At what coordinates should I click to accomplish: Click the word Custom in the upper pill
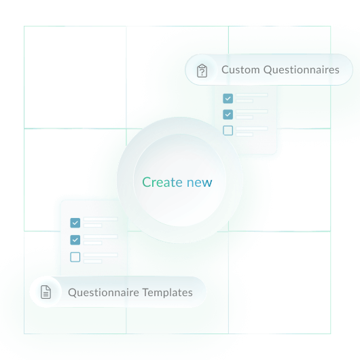click(x=240, y=70)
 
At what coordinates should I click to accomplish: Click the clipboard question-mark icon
click(x=202, y=71)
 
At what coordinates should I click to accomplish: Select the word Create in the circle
click(x=162, y=182)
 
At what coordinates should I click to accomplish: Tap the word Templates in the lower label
click(x=167, y=293)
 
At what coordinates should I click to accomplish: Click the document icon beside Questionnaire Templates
click(x=46, y=293)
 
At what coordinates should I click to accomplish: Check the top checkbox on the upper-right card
click(x=228, y=98)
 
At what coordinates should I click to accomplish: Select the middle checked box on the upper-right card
click(x=228, y=114)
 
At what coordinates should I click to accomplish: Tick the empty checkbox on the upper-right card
click(x=228, y=130)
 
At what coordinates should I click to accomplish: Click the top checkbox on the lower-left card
click(x=75, y=222)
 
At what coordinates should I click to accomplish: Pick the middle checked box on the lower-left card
click(x=75, y=239)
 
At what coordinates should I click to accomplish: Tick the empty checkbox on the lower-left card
click(x=75, y=257)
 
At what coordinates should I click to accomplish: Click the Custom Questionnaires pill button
click(x=270, y=70)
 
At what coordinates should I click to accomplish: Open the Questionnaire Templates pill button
click(x=118, y=293)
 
